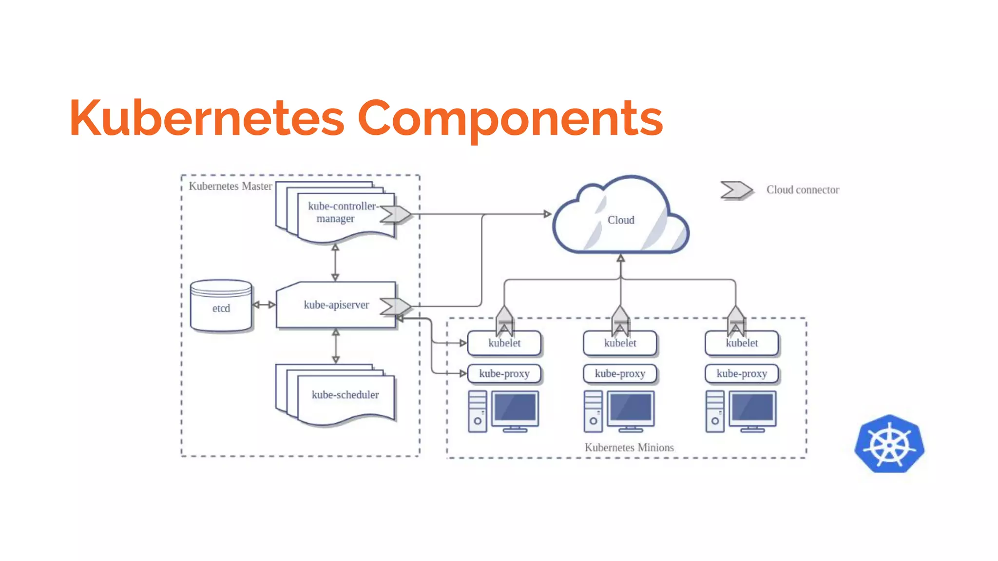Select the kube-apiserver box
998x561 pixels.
[336, 305]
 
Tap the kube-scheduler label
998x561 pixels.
[345, 394]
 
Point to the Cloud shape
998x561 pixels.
[620, 220]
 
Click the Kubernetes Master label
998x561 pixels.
[230, 186]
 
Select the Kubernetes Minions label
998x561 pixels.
[629, 447]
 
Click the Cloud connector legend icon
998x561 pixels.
[736, 190]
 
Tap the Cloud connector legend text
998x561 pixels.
[803, 190]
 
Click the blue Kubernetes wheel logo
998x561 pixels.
[889, 444]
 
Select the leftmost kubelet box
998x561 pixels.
[504, 343]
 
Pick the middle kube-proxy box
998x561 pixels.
[620, 374]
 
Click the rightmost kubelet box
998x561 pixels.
[742, 343]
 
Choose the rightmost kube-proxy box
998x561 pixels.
[742, 374]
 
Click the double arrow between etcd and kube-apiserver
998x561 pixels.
[264, 305]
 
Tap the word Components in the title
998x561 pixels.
[510, 118]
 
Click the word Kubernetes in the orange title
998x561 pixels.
[207, 118]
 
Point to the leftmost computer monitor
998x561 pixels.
[515, 409]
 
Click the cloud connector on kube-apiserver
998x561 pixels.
[396, 306]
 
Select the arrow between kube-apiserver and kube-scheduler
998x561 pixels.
[336, 346]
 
